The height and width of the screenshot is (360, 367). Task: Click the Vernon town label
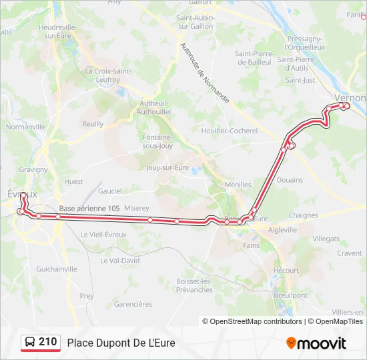352,97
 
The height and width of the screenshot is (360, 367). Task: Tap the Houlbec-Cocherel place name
229,131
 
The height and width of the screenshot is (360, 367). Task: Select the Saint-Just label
300,80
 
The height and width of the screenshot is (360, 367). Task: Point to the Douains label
290,180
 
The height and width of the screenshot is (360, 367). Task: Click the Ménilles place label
238,185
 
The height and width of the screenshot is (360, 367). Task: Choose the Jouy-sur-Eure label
167,168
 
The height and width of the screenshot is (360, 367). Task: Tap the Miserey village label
136,208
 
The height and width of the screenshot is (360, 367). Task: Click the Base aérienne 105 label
89,209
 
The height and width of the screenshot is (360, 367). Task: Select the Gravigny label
33,169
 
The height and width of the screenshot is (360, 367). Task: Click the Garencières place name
133,304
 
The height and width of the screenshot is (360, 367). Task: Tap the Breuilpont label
290,295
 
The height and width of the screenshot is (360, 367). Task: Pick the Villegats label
326,238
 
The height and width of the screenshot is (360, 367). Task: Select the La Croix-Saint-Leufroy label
102,75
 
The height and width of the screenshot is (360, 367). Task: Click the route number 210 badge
47,342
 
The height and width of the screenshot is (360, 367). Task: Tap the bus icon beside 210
30,343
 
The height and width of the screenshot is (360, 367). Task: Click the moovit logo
316,343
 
